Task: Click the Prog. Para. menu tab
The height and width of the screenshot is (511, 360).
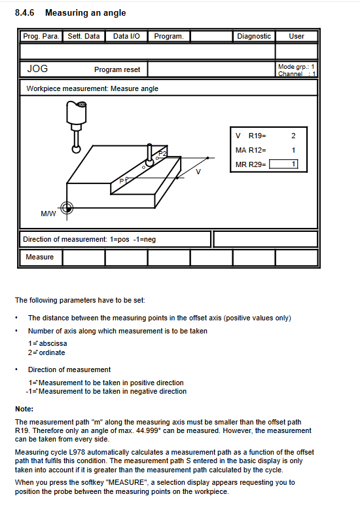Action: point(41,36)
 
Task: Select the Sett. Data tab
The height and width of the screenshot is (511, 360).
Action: point(84,36)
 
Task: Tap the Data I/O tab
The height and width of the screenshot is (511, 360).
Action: point(126,36)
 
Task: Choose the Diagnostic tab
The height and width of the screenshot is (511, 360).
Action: point(254,36)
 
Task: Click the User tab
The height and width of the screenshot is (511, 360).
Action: point(297,36)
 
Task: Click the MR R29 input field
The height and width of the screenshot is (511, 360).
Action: point(283,164)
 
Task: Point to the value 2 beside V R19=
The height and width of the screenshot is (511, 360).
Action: point(293,136)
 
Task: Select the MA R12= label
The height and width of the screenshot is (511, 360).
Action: point(251,150)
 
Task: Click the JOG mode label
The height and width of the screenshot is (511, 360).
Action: point(37,69)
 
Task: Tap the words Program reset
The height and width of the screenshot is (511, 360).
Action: point(117,69)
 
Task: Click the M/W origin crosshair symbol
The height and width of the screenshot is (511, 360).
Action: point(67,208)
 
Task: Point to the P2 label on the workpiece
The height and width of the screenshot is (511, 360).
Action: point(162,153)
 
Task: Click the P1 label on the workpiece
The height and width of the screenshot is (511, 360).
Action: point(122,181)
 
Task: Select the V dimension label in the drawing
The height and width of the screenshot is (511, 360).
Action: point(198,172)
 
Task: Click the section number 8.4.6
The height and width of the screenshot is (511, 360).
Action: point(25,12)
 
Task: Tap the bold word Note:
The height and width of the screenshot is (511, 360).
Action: point(24,409)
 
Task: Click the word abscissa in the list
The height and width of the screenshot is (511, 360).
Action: point(53,343)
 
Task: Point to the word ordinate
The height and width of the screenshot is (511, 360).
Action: point(52,352)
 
